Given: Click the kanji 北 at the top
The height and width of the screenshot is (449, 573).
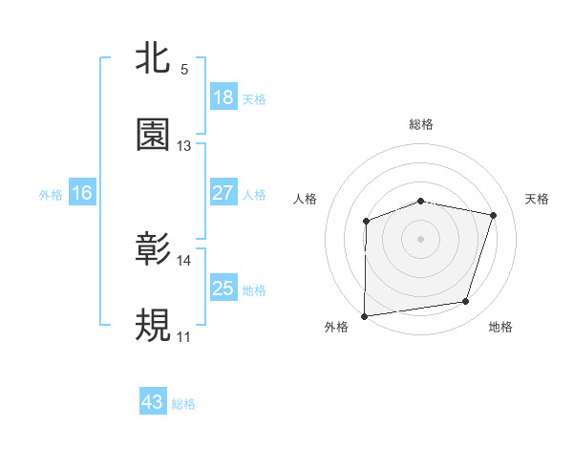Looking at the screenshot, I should point(153,60).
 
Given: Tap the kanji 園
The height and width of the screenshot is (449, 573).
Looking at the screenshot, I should point(153,136).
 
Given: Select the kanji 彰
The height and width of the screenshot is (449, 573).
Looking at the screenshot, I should point(153,251).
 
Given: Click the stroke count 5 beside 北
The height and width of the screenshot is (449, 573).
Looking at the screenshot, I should point(183,70).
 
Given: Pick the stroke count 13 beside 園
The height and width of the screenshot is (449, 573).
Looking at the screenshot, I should point(183,146).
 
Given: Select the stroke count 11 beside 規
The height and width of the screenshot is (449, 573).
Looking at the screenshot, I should point(183,337).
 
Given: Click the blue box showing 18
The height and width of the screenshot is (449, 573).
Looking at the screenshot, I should point(223,97).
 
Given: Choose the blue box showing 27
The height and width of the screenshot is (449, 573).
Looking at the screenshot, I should point(223,193).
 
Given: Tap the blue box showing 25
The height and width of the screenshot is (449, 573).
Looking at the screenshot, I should point(223,289).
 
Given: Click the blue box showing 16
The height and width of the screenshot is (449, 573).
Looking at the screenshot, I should point(82,193).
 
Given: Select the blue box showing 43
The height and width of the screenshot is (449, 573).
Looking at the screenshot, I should point(153,402).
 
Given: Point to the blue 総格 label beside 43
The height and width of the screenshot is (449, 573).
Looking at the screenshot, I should point(183,404).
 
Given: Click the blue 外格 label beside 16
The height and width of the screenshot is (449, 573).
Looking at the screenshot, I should point(51,194).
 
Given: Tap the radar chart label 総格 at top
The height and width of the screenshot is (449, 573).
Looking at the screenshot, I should point(421,124).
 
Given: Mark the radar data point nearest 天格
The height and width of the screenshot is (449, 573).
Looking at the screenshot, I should point(493,215).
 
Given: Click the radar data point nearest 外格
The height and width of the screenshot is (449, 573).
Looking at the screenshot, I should point(365,315).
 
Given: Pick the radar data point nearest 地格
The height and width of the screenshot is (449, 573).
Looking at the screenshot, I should point(465,302).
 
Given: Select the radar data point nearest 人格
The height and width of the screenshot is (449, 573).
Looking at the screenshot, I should point(367,222).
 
